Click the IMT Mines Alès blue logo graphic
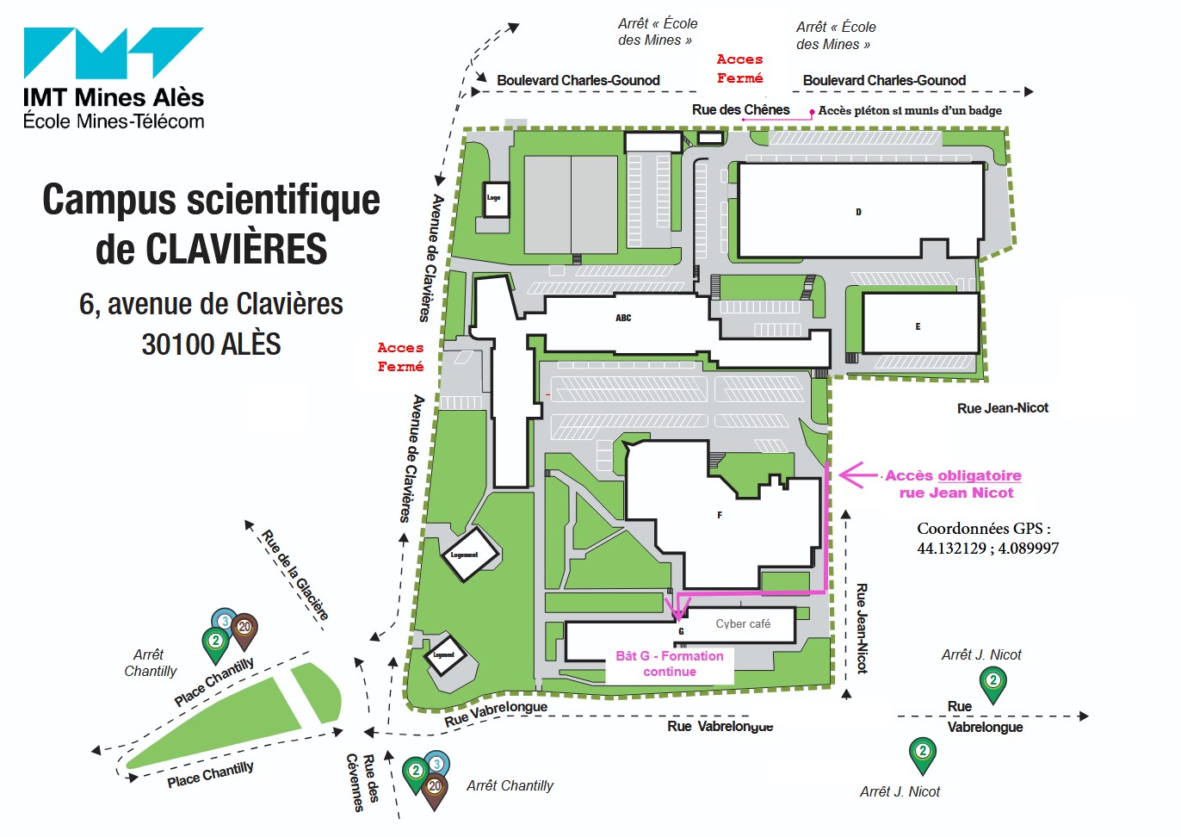tap(113, 53)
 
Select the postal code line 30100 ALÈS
tap(211, 344)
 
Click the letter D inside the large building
tap(858, 212)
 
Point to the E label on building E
tap(918, 326)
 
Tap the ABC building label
tap(623, 318)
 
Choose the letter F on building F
tap(720, 515)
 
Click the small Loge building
tap(494, 198)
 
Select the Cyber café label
tap(743, 624)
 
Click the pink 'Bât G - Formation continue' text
tap(670, 664)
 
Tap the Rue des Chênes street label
tap(740, 109)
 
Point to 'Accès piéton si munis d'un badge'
tap(910, 110)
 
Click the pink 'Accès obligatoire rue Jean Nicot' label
tap(954, 484)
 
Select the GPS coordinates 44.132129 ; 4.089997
tap(987, 549)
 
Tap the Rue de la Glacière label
tap(294, 574)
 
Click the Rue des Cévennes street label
tap(362, 782)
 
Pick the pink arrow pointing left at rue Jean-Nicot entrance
tap(857, 474)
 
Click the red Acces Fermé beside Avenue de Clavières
tap(400, 356)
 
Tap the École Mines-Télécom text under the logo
tap(114, 121)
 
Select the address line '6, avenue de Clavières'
tap(211, 304)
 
